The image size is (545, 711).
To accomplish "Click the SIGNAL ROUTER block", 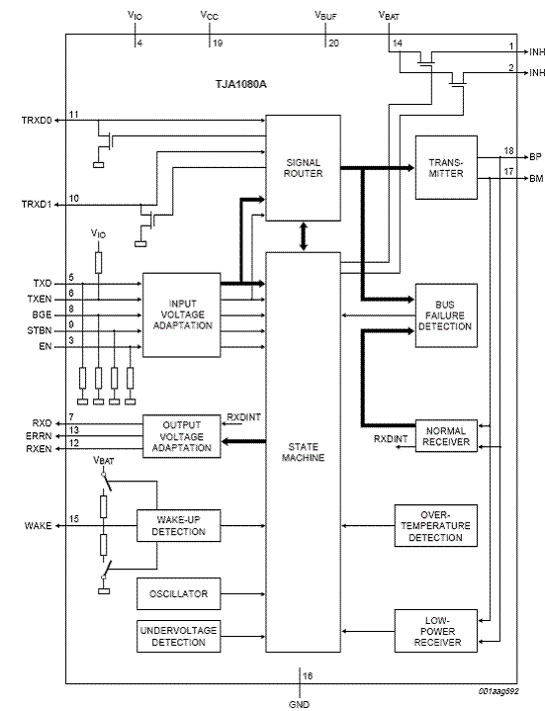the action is tap(303, 168).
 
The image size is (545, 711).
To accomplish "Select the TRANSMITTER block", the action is tap(446, 167).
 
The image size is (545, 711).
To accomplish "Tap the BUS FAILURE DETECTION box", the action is tap(446, 315).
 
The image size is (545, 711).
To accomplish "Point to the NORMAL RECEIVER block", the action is tap(446, 436).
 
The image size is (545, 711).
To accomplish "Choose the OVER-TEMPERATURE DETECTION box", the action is tap(436, 525).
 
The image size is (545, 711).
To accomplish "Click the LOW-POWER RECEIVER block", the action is tap(436, 631).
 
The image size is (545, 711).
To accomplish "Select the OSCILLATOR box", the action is tap(179, 593).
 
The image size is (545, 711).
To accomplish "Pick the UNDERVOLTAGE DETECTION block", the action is tap(179, 636).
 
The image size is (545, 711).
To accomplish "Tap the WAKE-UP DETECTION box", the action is tap(179, 525).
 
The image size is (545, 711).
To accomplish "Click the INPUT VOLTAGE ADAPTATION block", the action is tap(182, 314).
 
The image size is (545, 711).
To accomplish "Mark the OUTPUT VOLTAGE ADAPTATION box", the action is tap(182, 436).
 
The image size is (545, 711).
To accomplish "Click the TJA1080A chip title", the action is tap(240, 84).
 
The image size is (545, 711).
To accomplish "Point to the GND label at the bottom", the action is tap(300, 704).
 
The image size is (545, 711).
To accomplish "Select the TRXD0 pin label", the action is tap(37, 121).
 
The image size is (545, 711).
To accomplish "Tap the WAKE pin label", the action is tap(39, 526).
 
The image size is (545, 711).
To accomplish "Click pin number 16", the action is tap(308, 676).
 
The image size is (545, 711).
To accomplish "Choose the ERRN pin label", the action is tap(39, 436).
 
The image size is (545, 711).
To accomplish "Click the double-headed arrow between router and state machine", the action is tap(304, 236).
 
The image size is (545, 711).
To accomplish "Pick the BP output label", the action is tap(535, 157).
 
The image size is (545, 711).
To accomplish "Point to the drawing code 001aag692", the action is tap(499, 691).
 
